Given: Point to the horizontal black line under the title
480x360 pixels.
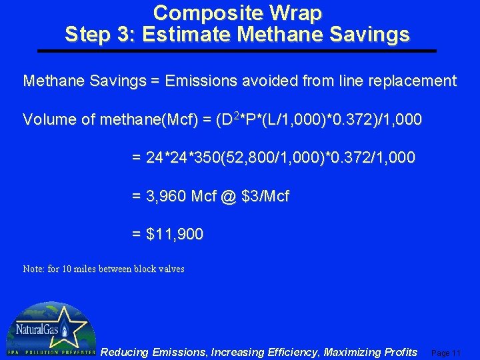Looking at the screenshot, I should coord(237,51).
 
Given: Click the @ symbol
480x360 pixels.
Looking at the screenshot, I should coord(230,197).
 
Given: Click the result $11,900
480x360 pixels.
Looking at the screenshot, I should coord(174,235).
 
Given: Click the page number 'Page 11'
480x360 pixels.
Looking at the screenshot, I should coord(446,353).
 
